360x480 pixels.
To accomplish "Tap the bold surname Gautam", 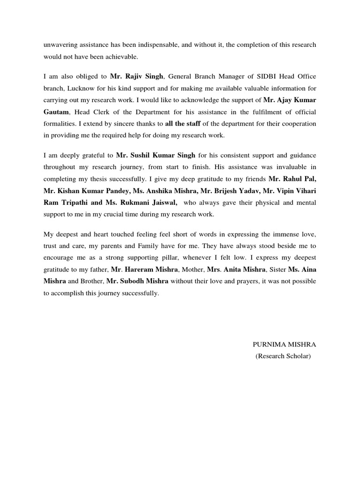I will [56, 112].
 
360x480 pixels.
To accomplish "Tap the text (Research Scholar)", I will [283, 356].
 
